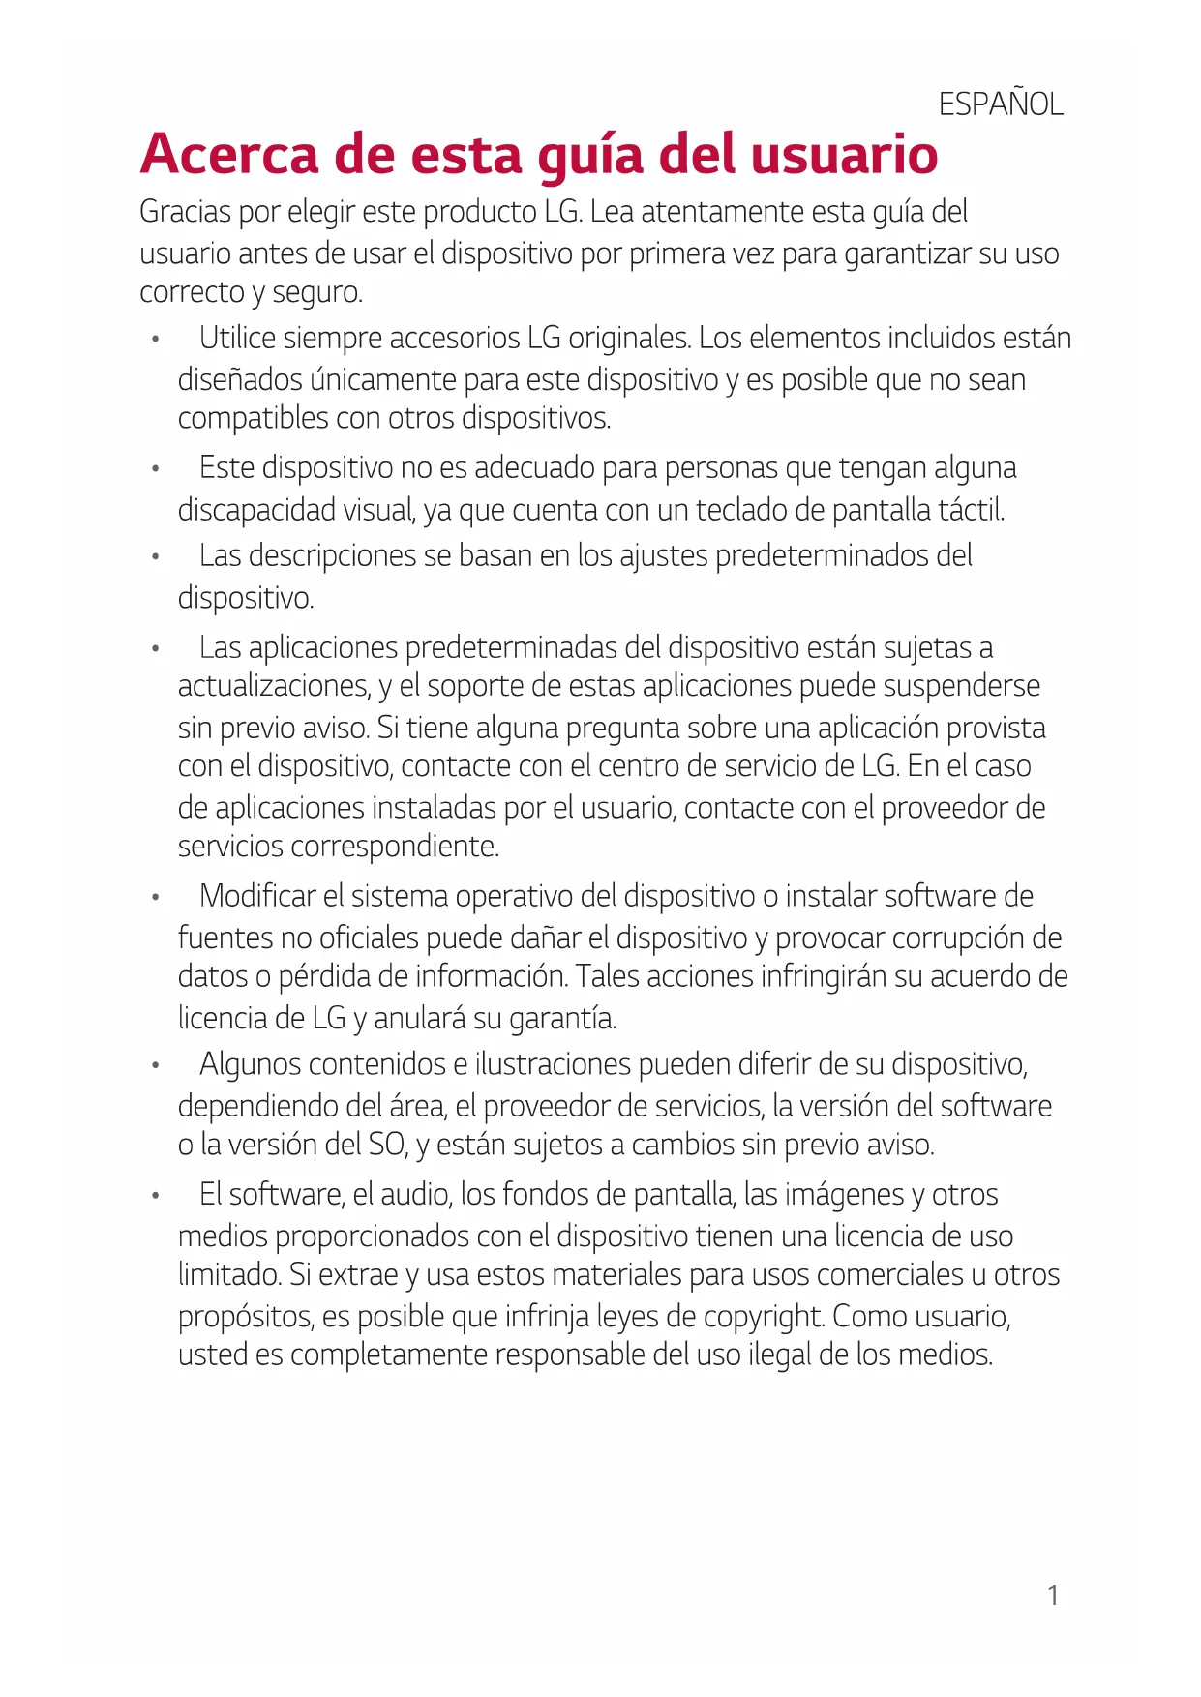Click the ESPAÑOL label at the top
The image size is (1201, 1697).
(x=1001, y=104)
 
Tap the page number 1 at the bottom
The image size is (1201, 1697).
(x=1054, y=1595)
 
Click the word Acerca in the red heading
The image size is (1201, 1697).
(x=228, y=155)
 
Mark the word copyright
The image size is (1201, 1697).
(x=764, y=1318)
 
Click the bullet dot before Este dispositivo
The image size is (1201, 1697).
(x=155, y=469)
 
